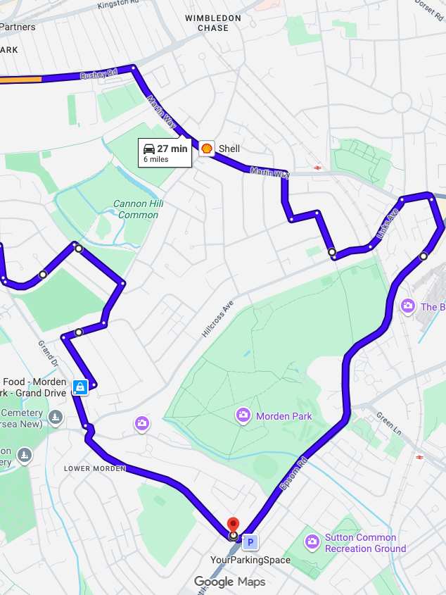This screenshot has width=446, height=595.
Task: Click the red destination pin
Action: click(x=234, y=525)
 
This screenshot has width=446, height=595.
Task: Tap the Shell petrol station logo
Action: click(x=206, y=148)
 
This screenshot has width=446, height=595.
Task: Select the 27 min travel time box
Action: click(x=165, y=153)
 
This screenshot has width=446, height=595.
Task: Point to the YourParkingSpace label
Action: click(x=250, y=560)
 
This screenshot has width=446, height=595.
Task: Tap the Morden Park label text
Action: click(x=283, y=416)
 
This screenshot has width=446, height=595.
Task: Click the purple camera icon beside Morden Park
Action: click(x=243, y=415)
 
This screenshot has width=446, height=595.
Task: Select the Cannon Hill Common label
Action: click(x=139, y=209)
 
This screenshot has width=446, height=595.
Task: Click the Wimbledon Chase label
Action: click(x=213, y=23)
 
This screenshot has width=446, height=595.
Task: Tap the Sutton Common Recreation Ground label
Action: click(x=365, y=543)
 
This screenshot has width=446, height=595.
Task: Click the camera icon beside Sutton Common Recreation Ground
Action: click(x=312, y=541)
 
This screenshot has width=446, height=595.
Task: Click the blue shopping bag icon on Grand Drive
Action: click(x=80, y=387)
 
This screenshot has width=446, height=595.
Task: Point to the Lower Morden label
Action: click(x=94, y=468)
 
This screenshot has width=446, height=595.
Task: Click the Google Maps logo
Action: click(x=229, y=582)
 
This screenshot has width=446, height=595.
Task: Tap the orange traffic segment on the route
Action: click(x=20, y=80)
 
